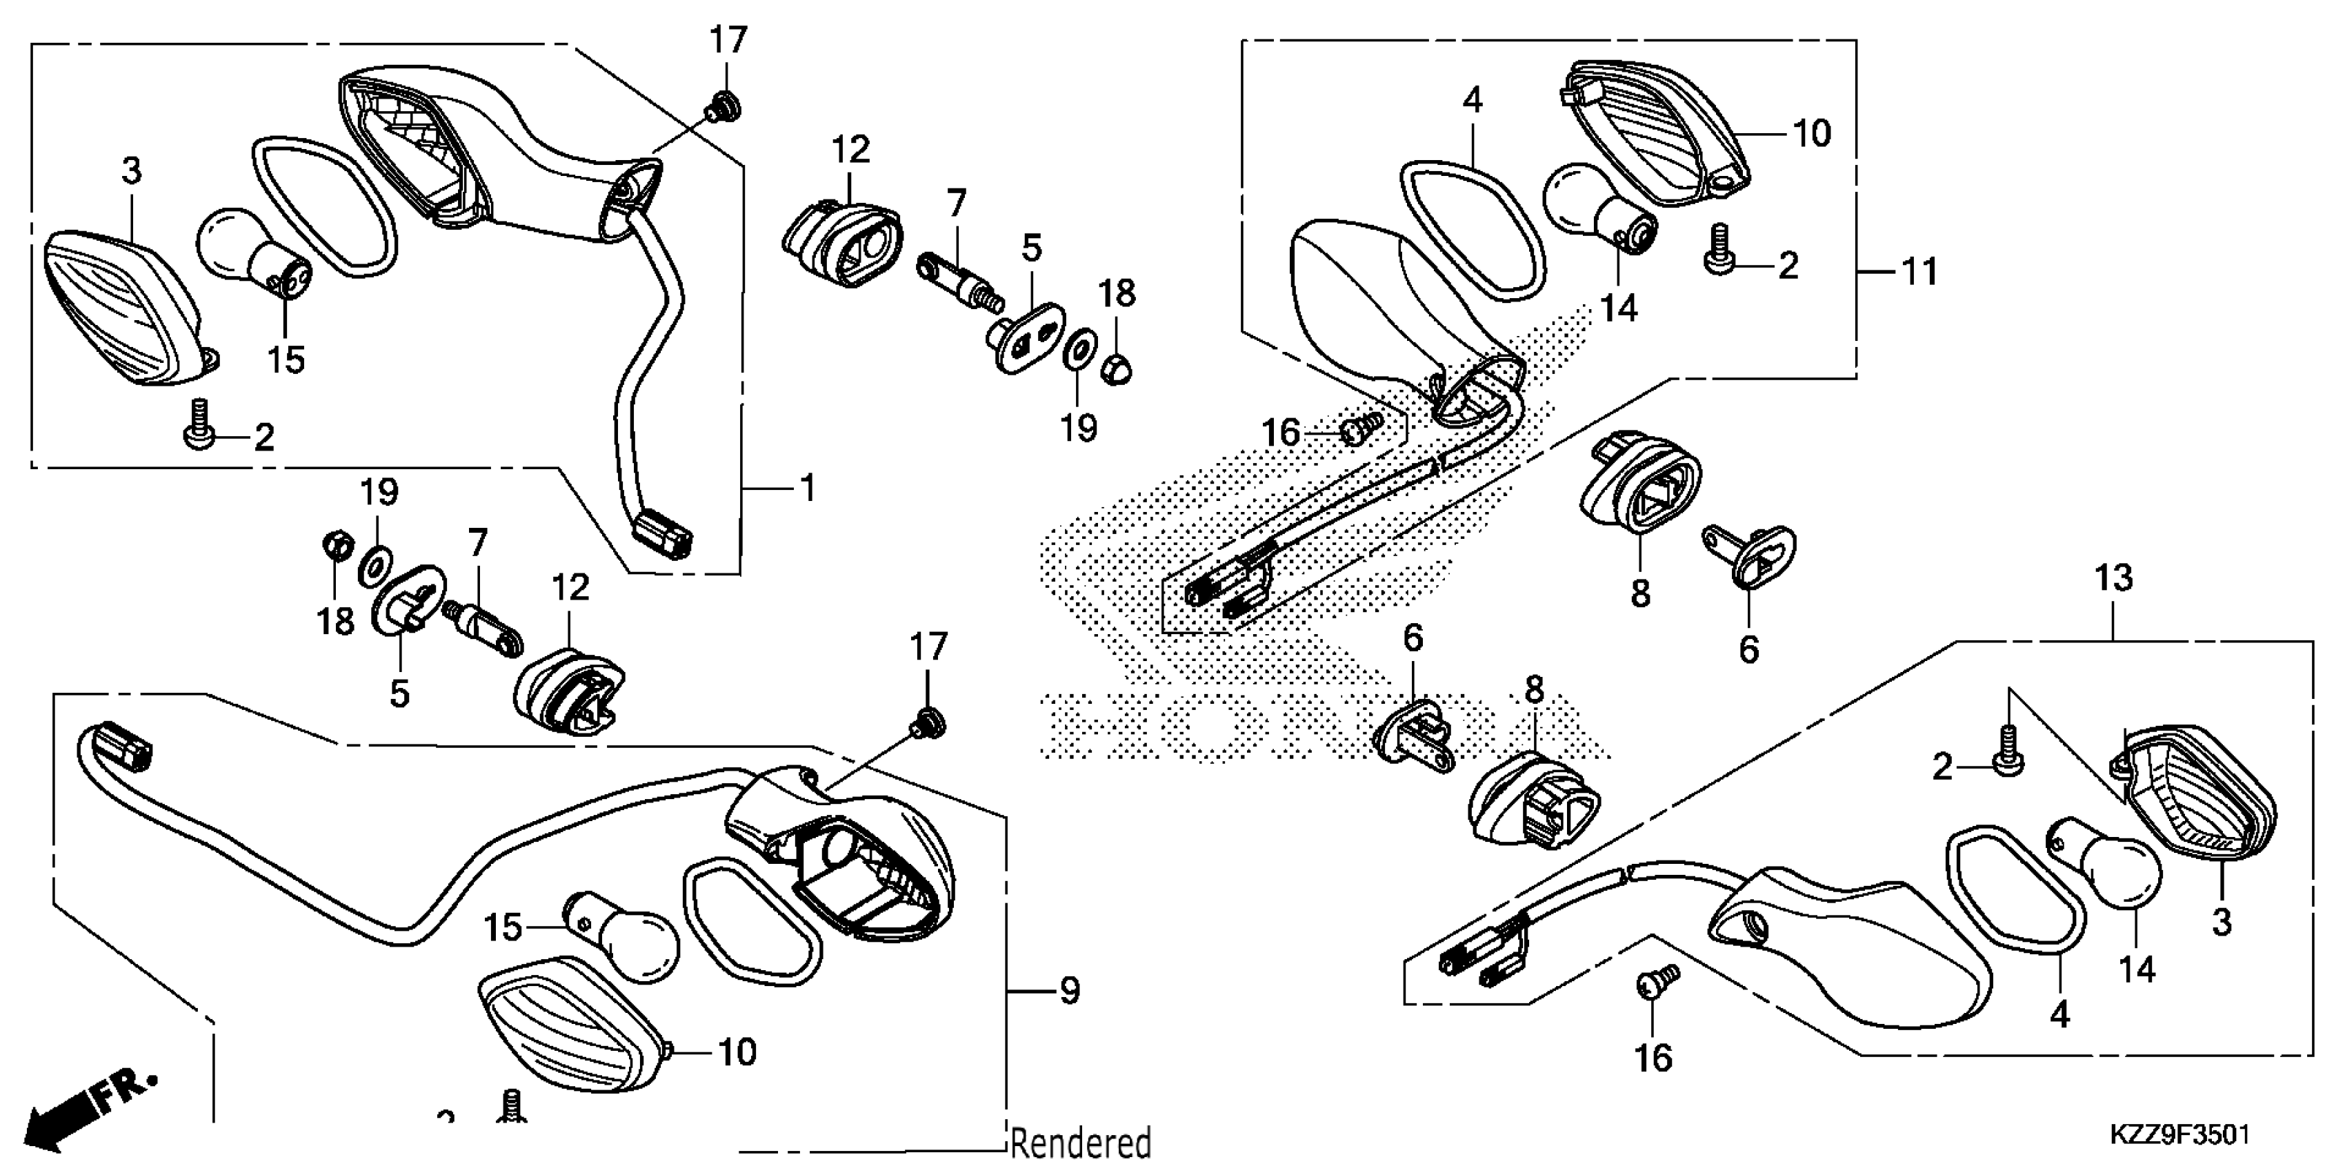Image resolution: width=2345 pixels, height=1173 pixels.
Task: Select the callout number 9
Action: pyautogui.click(x=1070, y=990)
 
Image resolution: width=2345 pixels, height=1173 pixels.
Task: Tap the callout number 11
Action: pyautogui.click(x=1921, y=270)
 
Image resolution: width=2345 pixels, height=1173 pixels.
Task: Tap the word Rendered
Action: pyautogui.click(x=1081, y=1143)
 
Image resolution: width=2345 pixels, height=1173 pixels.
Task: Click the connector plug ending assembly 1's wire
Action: pyautogui.click(x=665, y=535)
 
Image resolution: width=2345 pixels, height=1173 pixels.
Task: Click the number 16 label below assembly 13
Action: pyautogui.click(x=1653, y=1058)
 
